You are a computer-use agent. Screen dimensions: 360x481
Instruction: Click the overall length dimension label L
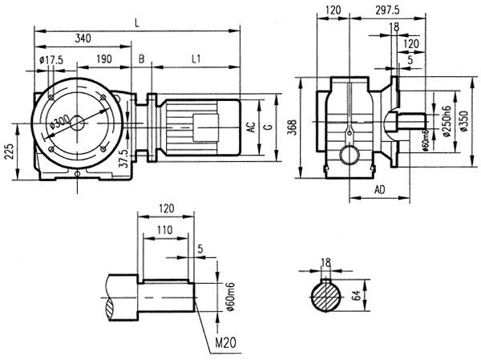(138, 25)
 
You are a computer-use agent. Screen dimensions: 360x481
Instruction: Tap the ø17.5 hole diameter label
(51, 59)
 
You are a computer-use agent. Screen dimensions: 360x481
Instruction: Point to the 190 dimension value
(103, 59)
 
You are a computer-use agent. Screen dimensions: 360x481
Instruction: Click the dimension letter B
(142, 59)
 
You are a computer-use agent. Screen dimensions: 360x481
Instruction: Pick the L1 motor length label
(196, 59)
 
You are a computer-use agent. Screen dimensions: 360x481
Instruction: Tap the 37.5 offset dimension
(123, 156)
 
